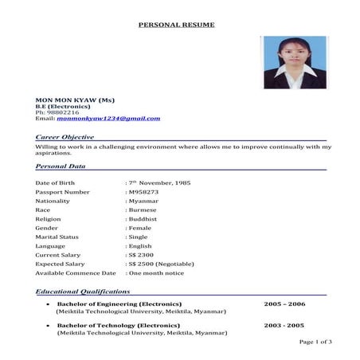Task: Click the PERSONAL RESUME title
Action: [177, 25]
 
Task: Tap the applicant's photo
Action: [295, 63]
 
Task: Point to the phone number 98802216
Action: [63, 112]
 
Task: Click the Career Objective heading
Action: [65, 137]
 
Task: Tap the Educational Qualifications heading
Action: [83, 292]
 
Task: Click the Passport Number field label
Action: [63, 192]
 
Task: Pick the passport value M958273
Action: [145, 192]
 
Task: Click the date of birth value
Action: [161, 182]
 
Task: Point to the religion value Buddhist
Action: [143, 218]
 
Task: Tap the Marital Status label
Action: [58, 237]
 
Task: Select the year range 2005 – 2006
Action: [284, 303]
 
